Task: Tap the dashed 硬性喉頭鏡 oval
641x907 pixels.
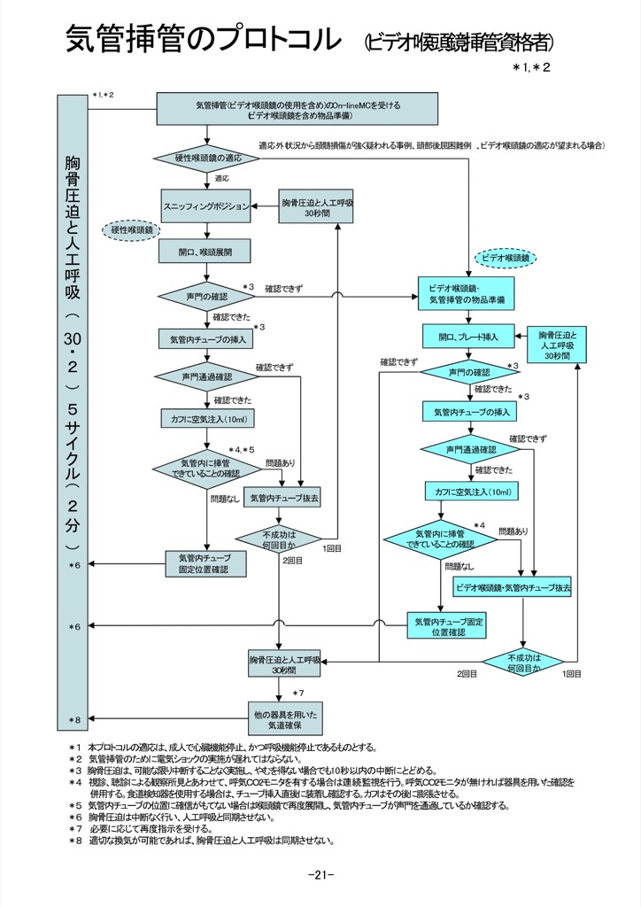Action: click(x=130, y=230)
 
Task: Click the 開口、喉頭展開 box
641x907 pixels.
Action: click(x=205, y=252)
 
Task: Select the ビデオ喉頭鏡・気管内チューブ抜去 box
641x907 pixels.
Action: click(x=513, y=587)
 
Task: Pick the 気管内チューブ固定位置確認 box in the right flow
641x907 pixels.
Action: click(x=447, y=625)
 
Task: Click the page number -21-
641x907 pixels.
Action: click(x=320, y=875)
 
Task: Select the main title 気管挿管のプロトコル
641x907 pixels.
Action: click(x=204, y=40)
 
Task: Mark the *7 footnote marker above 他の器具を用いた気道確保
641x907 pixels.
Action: click(x=298, y=692)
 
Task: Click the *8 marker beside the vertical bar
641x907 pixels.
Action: click(x=75, y=719)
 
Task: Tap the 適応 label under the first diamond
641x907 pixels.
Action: click(x=221, y=178)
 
